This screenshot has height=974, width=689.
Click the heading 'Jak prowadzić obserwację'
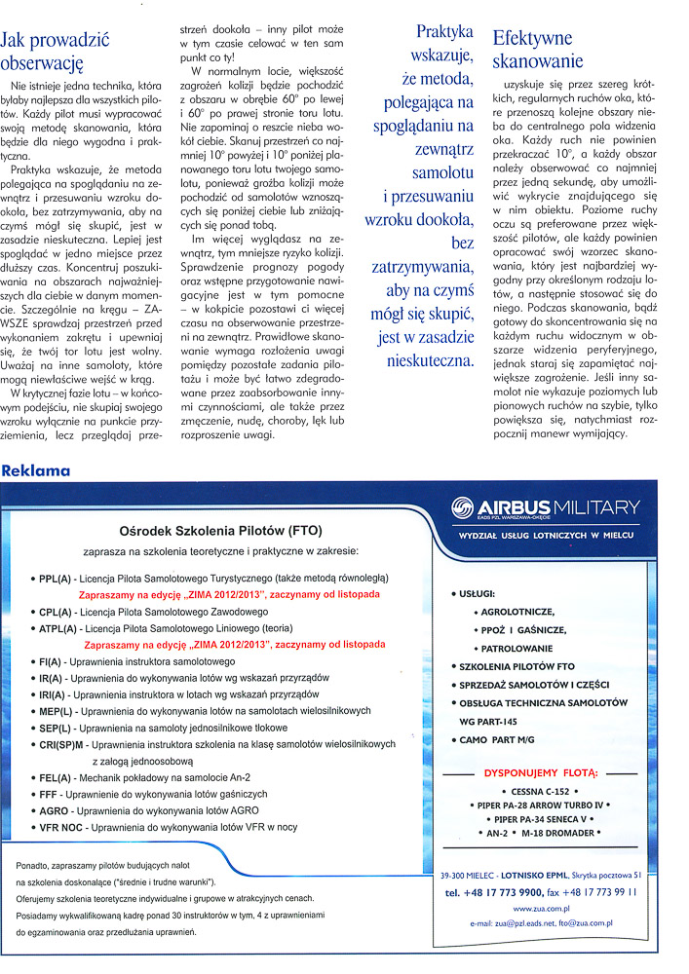pyautogui.click(x=56, y=51)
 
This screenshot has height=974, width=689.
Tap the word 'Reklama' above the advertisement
pyautogui.click(x=36, y=470)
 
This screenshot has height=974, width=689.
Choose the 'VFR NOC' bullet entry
pyautogui.click(x=61, y=826)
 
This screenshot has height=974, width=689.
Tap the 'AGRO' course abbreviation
pyautogui.click(x=56, y=809)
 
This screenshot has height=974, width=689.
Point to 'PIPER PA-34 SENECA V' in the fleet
pyautogui.click(x=539, y=819)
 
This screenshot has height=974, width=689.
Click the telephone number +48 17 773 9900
pyautogui.click(x=504, y=891)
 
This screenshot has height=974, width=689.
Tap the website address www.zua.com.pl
pyautogui.click(x=539, y=907)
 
